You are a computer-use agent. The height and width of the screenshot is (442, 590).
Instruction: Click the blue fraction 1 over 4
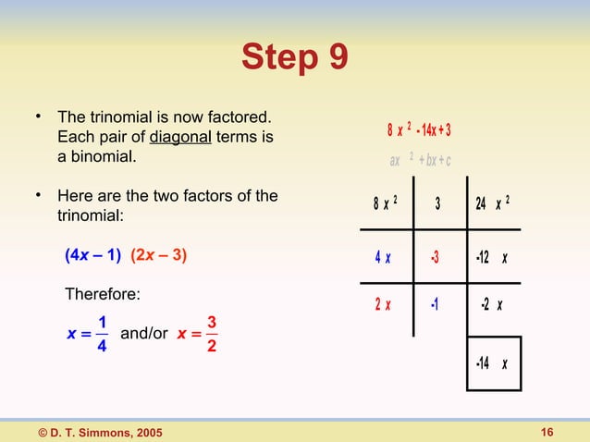[102, 333]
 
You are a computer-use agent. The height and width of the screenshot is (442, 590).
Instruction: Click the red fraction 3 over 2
[212, 333]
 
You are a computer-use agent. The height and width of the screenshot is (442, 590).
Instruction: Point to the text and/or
[144, 333]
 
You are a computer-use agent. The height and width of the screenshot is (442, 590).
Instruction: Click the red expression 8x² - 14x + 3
[419, 129]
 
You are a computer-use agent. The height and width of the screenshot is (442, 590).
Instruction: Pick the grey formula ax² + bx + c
[419, 160]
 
